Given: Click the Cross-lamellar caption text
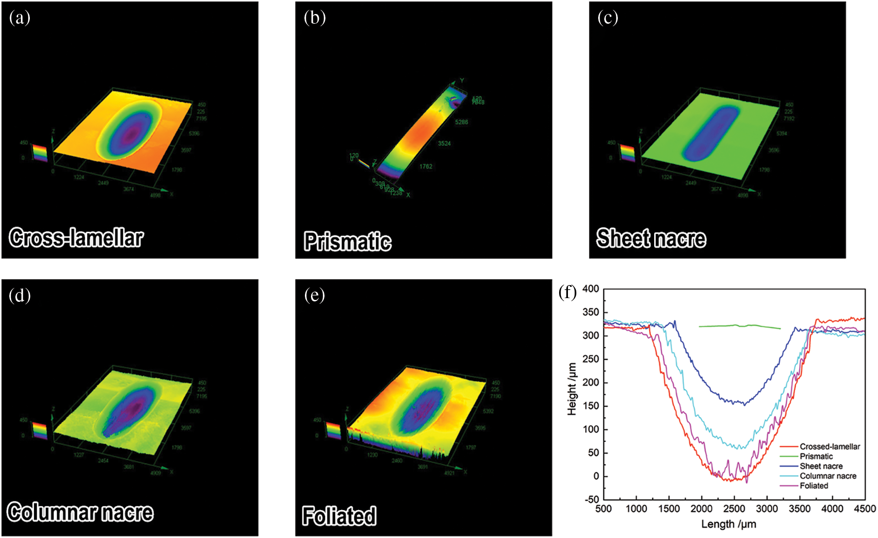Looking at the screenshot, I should tap(76, 238).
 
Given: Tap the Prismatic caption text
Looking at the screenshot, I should tap(347, 242).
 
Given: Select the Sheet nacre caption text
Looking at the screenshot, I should tap(651, 238).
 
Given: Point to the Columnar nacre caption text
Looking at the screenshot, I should tap(80, 512).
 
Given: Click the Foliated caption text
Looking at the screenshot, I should tap(339, 516).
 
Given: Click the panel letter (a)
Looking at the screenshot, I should tap(20, 18).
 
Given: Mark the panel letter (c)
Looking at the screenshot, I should tap(608, 18).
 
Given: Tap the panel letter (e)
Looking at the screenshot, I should tap(315, 295).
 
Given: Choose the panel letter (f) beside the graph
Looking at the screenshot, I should tap(567, 293).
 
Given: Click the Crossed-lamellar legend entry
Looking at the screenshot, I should tap(830, 447).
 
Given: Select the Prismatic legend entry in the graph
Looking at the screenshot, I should tap(816, 456).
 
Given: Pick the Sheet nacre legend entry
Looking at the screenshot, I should tap(821, 466).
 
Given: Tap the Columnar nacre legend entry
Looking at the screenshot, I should tap(828, 476).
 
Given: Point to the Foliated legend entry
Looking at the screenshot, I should tap(814, 486).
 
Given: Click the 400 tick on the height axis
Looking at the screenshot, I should tap(591, 289).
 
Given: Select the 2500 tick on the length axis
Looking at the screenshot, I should tap(734, 509).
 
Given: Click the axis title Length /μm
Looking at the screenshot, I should tap(729, 524).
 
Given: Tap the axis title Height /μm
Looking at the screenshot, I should tap(572, 389).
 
